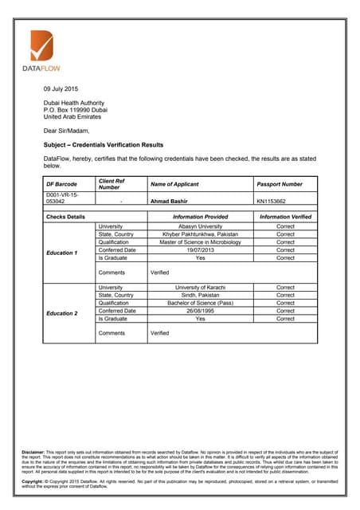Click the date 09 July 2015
[x=61, y=88]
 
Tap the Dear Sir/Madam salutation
[x=66, y=130]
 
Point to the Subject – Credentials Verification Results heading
[x=104, y=145]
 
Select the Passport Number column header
[x=280, y=185]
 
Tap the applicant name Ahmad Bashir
[x=171, y=202]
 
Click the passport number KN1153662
[x=272, y=202]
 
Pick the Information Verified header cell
[x=285, y=216]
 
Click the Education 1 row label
[x=62, y=253]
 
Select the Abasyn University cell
[x=200, y=226]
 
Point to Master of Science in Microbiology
[x=200, y=242]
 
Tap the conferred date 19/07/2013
[x=200, y=250]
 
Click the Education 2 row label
[x=62, y=313]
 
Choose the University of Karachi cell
[x=200, y=287]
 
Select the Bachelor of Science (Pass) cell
[x=200, y=303]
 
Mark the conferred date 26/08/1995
[x=200, y=311]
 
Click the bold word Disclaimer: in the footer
[x=33, y=453]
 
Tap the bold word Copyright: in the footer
[x=33, y=481]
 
